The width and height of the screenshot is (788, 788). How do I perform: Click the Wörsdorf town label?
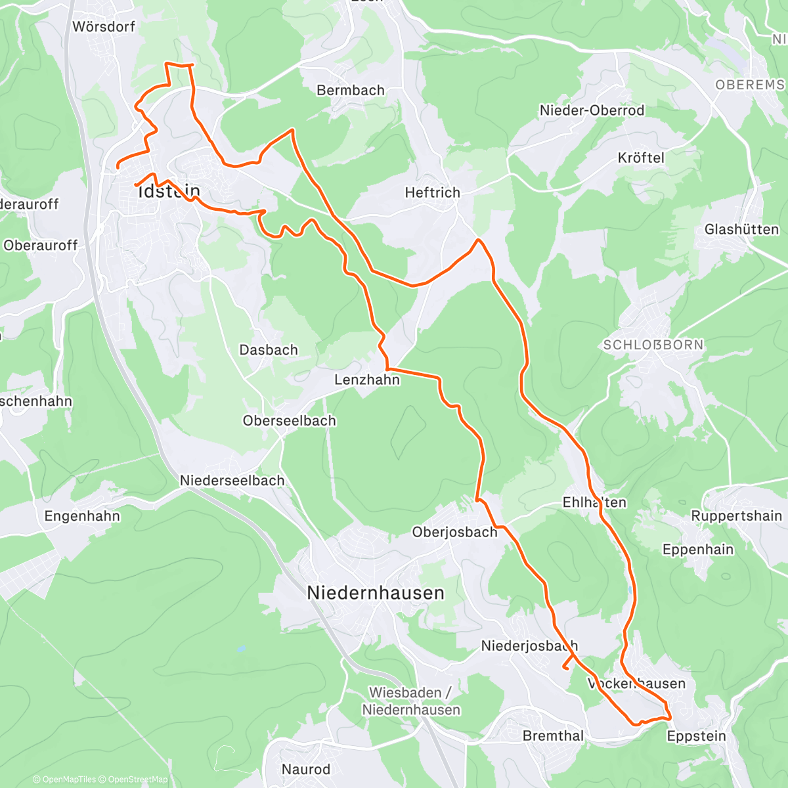(104, 27)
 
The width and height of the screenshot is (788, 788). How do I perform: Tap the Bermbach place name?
(351, 91)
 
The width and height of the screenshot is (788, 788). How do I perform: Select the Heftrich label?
(433, 192)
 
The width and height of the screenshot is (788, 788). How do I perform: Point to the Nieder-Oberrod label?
(592, 110)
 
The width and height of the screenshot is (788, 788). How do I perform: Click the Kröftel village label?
(642, 158)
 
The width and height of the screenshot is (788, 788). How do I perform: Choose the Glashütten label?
(742, 229)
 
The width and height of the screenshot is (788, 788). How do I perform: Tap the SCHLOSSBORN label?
(653, 345)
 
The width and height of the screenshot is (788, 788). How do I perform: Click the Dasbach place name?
(269, 350)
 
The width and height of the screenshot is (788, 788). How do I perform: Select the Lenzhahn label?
(367, 380)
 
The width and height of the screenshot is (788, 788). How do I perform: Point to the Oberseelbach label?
(290, 421)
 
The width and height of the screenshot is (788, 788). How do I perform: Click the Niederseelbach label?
(232, 481)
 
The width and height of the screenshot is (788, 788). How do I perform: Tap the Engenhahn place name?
(83, 516)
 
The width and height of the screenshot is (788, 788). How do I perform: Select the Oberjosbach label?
(455, 532)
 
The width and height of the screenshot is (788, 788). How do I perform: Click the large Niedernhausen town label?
(376, 593)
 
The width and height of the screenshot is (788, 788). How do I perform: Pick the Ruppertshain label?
(737, 516)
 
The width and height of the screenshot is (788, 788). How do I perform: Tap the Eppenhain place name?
(698, 550)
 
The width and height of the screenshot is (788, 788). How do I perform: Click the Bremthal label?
(553, 736)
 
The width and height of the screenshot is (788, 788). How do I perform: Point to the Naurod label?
(306, 769)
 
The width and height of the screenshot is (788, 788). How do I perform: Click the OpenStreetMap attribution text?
(138, 779)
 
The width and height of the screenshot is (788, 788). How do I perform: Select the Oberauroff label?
(41, 246)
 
